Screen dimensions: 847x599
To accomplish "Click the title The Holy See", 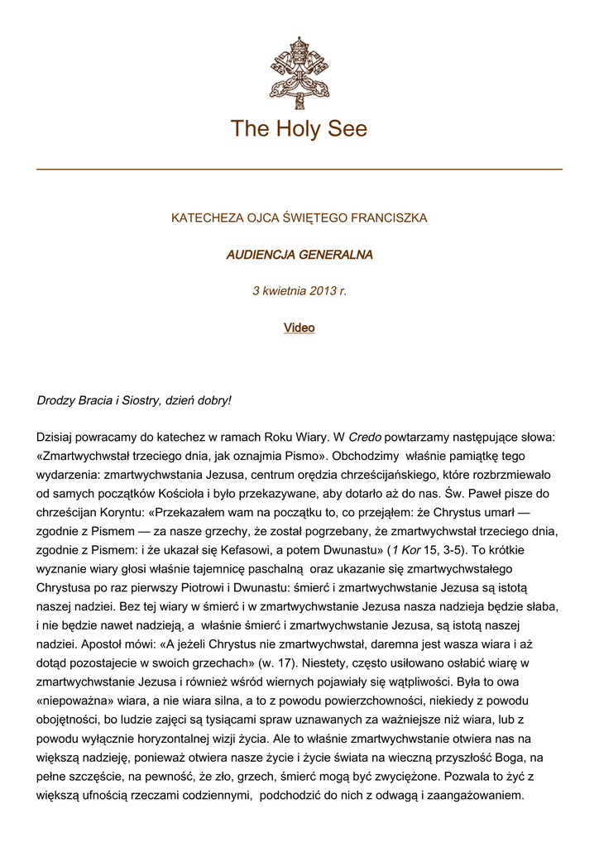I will (x=299, y=129).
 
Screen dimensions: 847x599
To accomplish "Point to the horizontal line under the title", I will (x=299, y=170).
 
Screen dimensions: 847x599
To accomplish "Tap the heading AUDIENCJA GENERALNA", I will (x=299, y=255).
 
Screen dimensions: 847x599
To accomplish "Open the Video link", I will (x=299, y=328).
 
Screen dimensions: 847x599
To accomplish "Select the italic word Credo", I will (x=365, y=437).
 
